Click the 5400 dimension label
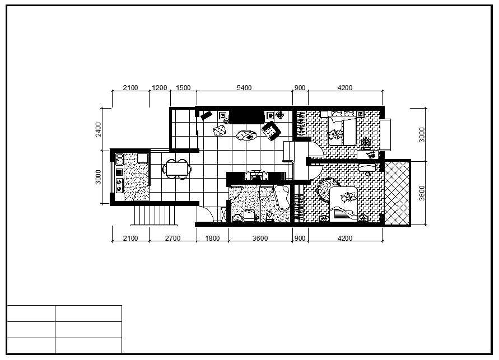click(x=244, y=88)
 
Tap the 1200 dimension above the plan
click(x=160, y=88)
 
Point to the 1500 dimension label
click(x=183, y=88)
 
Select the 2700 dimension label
click(x=173, y=238)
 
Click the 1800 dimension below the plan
click(x=212, y=238)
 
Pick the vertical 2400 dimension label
click(x=99, y=129)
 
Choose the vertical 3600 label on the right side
click(x=422, y=193)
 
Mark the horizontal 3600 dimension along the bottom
click(x=260, y=238)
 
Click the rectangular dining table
click(x=178, y=169)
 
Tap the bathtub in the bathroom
click(x=282, y=198)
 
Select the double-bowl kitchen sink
click(x=120, y=160)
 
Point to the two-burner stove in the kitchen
click(x=120, y=186)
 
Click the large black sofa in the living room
click(x=246, y=116)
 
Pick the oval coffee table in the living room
click(x=246, y=136)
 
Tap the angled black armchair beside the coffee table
click(x=271, y=130)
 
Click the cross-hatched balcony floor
click(x=397, y=193)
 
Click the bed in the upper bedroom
click(x=342, y=130)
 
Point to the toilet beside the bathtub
click(x=269, y=217)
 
